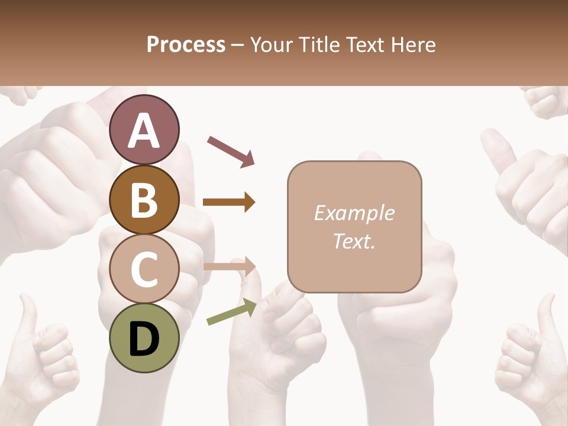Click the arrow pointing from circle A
[x=230, y=151]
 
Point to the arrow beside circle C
[x=230, y=267]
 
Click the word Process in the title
[x=186, y=45]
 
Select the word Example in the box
[x=354, y=213]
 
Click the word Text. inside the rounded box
[x=354, y=241]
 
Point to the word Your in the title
[x=270, y=45]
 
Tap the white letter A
[x=144, y=131]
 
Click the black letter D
[x=144, y=339]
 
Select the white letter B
[x=144, y=200]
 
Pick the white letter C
[x=144, y=270]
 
